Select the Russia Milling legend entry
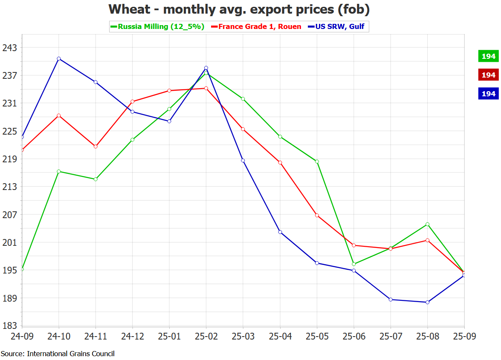(x=157, y=26)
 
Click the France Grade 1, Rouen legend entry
(x=260, y=26)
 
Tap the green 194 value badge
(x=488, y=56)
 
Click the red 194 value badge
(x=488, y=75)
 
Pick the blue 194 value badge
(x=488, y=94)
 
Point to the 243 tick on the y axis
(x=9, y=48)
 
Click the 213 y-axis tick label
(x=9, y=187)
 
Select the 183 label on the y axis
(x=9, y=326)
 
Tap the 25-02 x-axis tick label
(x=206, y=337)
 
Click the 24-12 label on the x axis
(x=133, y=337)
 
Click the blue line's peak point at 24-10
(x=59, y=58)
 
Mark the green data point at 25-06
(x=354, y=264)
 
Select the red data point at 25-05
(x=317, y=215)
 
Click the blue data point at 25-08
(x=427, y=302)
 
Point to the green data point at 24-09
(x=22, y=269)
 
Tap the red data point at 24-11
(x=96, y=147)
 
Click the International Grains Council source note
(x=58, y=354)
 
